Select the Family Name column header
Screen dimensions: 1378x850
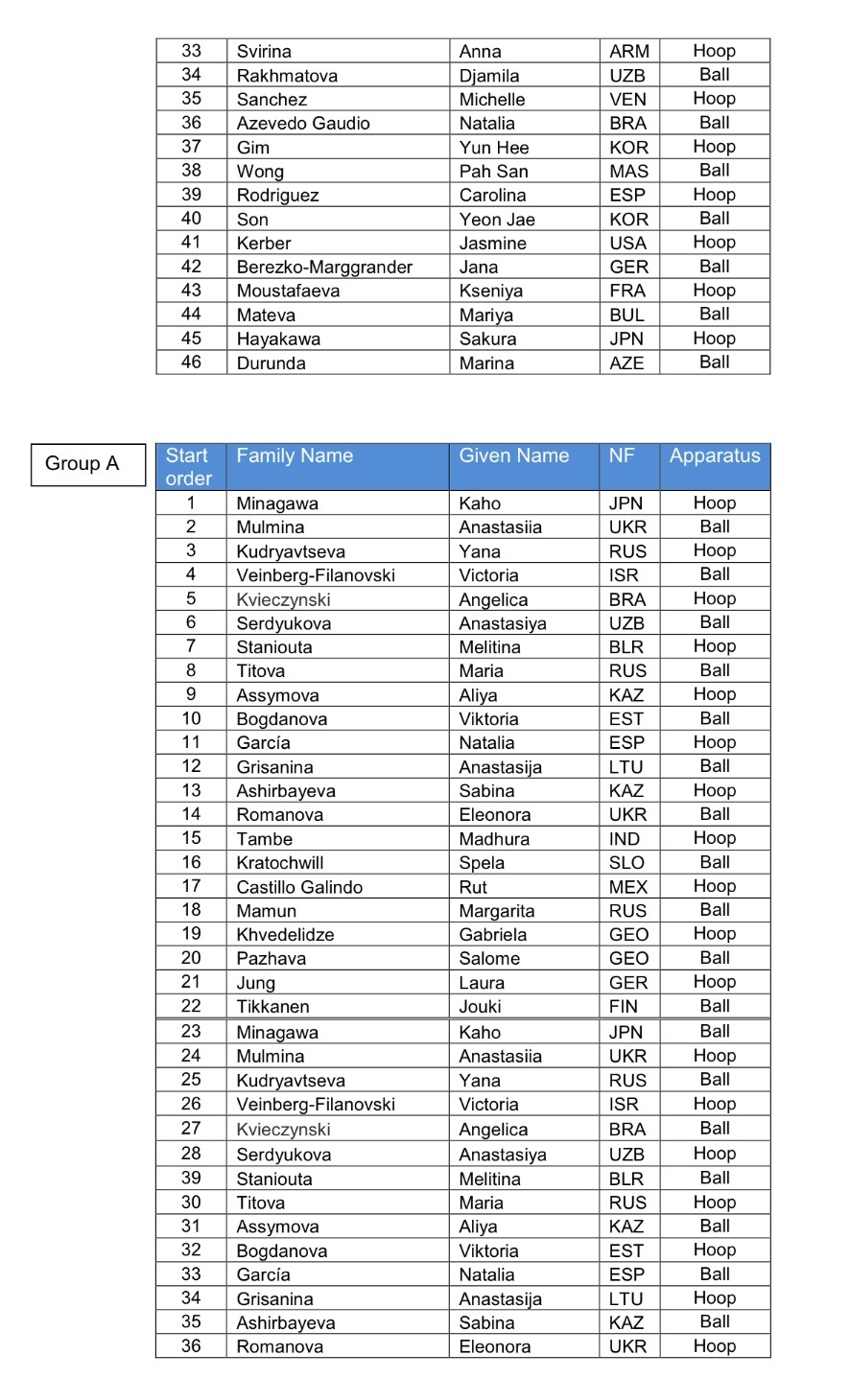point(295,456)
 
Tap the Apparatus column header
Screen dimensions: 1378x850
point(714,456)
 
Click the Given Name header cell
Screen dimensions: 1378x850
point(513,456)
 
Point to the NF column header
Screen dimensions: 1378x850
point(622,456)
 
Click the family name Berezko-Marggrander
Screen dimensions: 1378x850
point(324,268)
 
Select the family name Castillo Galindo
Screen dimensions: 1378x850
point(299,887)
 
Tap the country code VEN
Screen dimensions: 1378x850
point(628,100)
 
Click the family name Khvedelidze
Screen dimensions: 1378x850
point(285,935)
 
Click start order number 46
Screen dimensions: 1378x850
point(191,362)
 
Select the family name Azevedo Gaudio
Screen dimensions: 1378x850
point(303,124)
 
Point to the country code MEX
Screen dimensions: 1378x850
point(628,887)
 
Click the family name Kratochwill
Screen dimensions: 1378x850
point(280,863)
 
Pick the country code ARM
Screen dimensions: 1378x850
point(629,52)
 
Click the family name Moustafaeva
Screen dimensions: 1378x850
point(288,292)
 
